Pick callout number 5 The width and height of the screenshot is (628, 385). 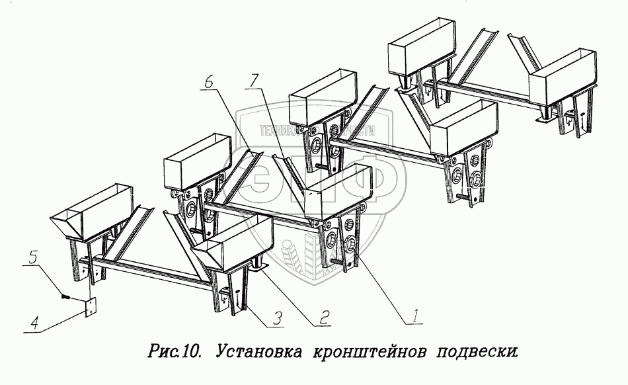33,253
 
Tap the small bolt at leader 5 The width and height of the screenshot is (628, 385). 65,295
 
